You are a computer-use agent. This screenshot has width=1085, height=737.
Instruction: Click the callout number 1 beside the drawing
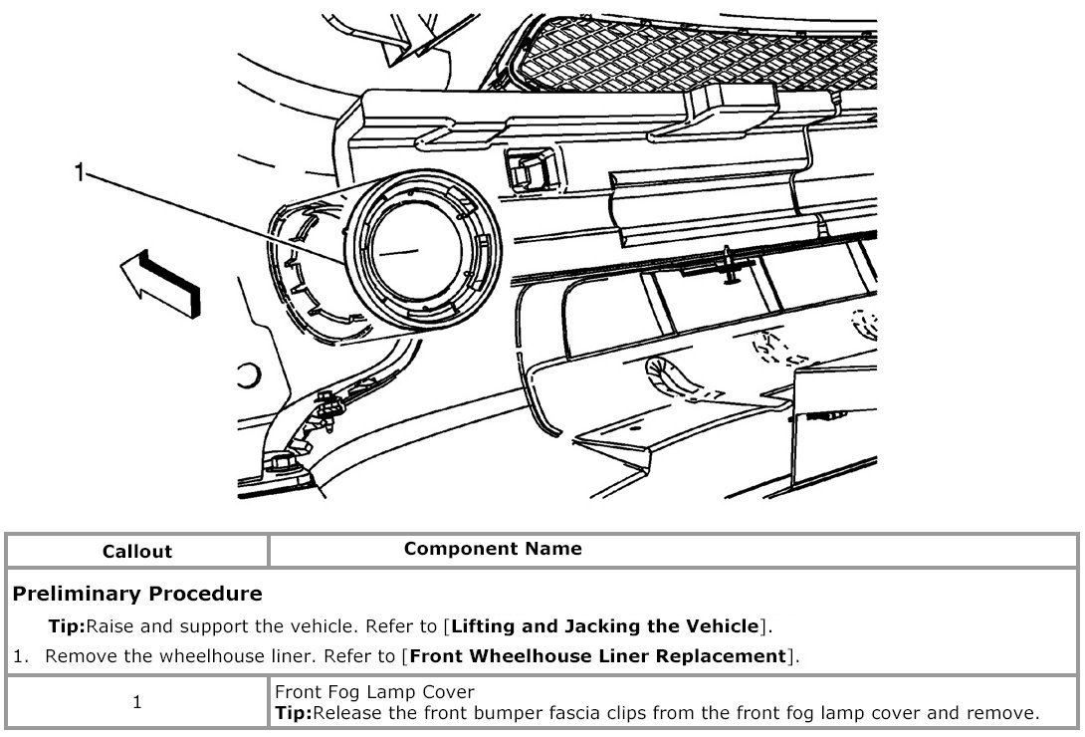tap(79, 173)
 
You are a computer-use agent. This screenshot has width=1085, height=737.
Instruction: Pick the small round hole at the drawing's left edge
tap(246, 375)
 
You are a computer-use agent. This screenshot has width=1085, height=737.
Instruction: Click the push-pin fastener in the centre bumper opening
tap(732, 265)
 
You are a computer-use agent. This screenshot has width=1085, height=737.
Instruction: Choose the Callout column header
tap(137, 551)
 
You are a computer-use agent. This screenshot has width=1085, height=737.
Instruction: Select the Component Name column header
tap(493, 549)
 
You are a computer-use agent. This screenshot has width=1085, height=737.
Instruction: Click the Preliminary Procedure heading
tap(137, 594)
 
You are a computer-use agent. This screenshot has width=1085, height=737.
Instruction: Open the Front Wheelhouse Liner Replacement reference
tap(597, 655)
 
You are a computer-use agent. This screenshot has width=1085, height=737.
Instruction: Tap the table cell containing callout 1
tap(137, 702)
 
